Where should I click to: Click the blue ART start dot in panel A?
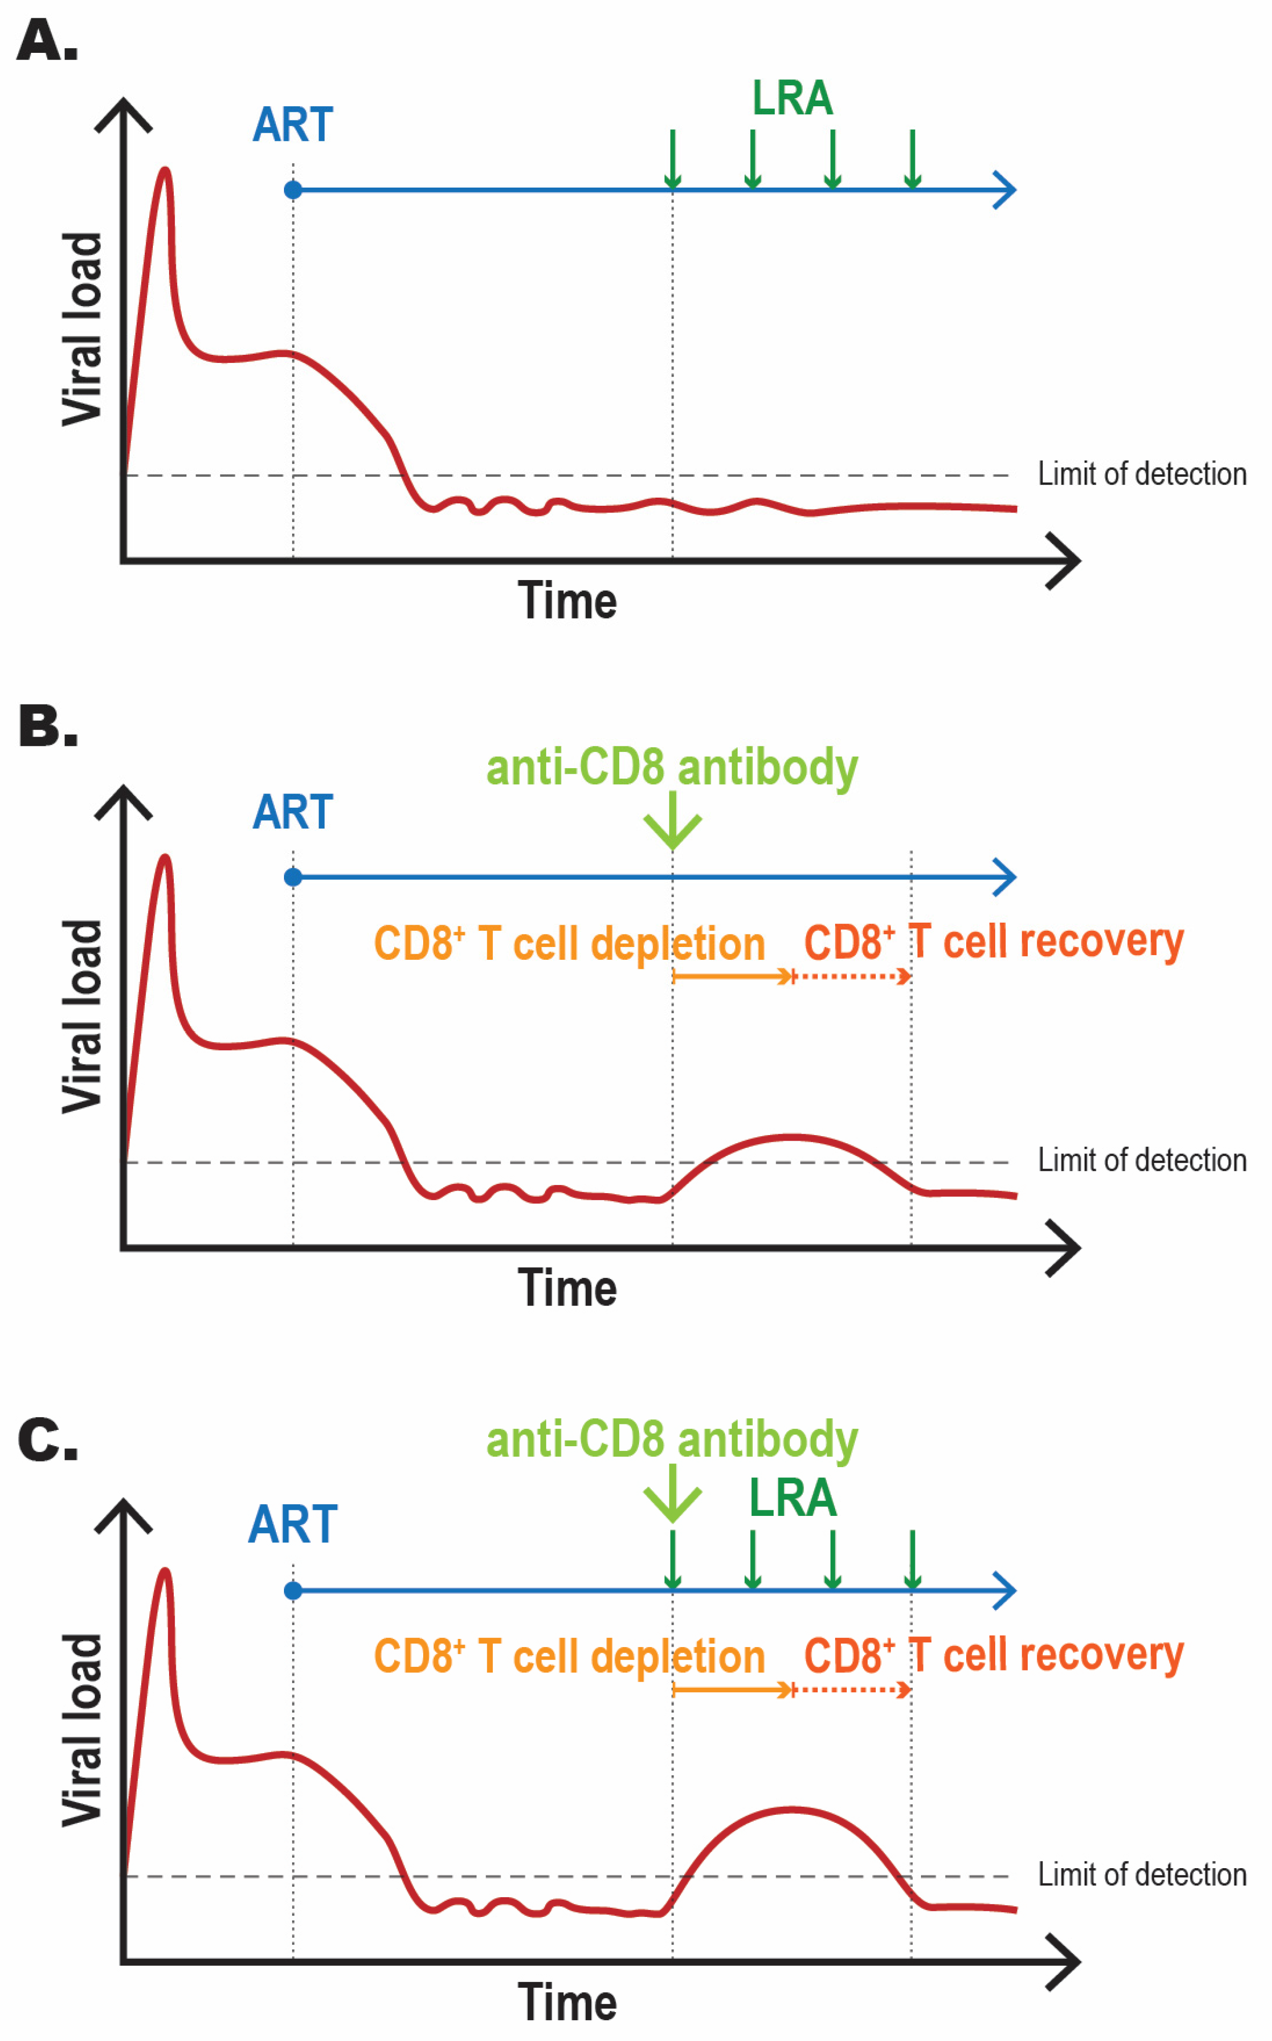[x=293, y=190]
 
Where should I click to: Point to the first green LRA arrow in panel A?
[x=672, y=158]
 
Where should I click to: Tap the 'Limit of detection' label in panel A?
[x=1141, y=474]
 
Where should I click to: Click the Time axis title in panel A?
[x=567, y=601]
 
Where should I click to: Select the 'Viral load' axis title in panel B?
[x=82, y=1017]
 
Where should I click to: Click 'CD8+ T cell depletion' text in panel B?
[x=569, y=943]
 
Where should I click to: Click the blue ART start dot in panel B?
[x=293, y=877]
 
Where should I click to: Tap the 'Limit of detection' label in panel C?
[x=1141, y=1874]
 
